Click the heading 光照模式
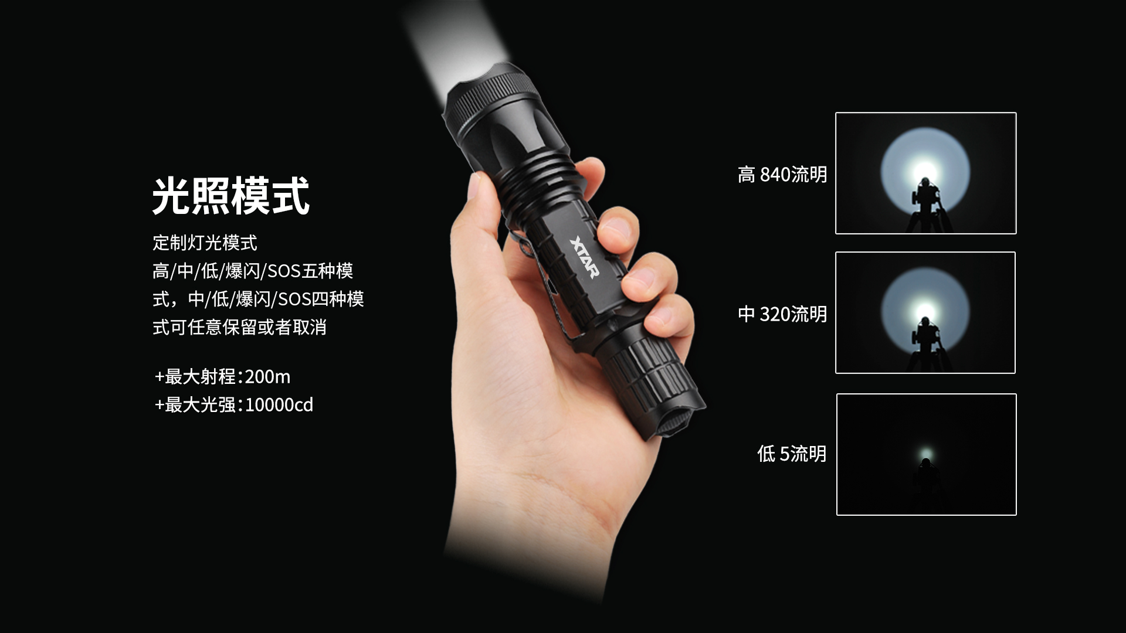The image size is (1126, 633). tap(230, 196)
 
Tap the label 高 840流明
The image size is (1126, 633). tap(782, 174)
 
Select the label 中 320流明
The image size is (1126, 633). tap(782, 314)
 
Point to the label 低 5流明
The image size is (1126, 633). tap(792, 453)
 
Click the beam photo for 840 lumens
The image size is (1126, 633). tap(925, 173)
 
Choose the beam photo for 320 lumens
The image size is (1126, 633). tap(925, 312)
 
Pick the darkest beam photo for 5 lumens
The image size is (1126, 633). tap(926, 454)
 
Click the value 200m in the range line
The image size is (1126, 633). tap(267, 376)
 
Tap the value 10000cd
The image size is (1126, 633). tap(279, 404)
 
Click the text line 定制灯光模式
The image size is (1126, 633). tap(205, 243)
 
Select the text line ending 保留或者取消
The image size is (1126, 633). tap(239, 327)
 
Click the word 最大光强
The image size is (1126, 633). tap(200, 404)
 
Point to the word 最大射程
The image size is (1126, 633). tap(200, 376)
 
